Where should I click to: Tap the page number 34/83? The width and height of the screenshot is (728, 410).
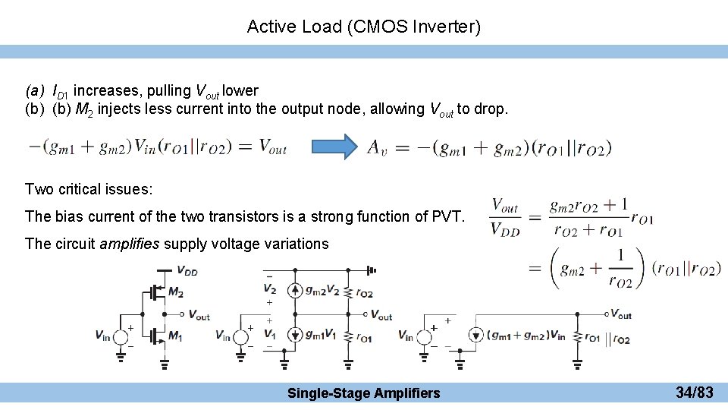[x=694, y=393]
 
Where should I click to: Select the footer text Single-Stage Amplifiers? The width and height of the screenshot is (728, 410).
[x=363, y=393]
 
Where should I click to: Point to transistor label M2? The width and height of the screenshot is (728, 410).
[x=175, y=292]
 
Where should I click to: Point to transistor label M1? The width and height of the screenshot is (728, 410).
[x=175, y=335]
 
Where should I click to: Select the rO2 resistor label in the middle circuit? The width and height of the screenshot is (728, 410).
[x=364, y=292]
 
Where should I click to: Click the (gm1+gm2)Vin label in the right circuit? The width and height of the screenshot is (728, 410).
[x=526, y=335]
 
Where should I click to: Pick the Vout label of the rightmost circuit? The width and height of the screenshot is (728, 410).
[x=620, y=314]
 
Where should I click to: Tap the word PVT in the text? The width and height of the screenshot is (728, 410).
[x=447, y=216]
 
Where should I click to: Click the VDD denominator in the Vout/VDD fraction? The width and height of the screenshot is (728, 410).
[x=504, y=229]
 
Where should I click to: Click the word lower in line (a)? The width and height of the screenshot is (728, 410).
[x=240, y=91]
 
